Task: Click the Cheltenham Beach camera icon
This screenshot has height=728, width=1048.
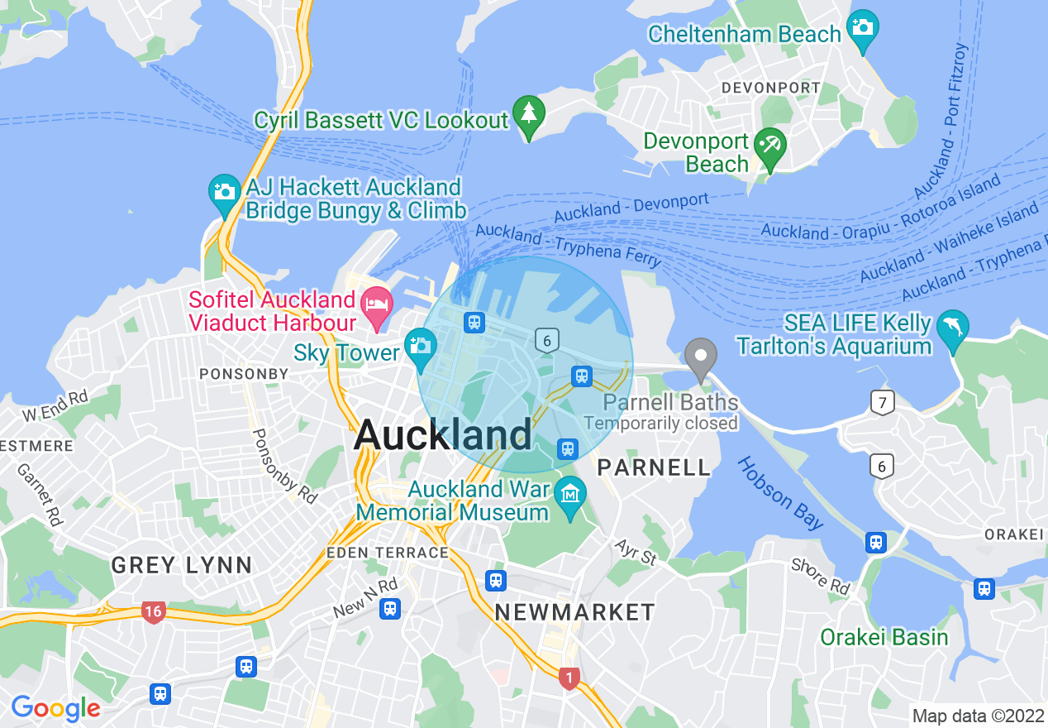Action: tap(862, 28)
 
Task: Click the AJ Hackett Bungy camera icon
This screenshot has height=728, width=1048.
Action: tap(225, 193)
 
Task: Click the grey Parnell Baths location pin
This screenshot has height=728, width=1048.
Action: tap(701, 358)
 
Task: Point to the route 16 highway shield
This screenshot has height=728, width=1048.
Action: tap(153, 612)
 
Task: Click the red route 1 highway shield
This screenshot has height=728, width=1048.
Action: tap(568, 678)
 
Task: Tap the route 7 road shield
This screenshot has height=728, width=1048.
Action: tap(883, 404)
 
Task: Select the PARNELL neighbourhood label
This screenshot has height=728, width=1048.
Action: tap(654, 467)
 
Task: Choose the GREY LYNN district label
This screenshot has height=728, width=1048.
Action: tap(182, 566)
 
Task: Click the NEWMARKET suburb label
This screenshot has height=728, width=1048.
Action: tap(574, 612)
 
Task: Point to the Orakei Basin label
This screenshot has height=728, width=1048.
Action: tap(884, 637)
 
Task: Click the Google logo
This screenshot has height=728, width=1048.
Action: tap(55, 708)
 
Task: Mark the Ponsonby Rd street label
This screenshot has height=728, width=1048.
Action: tap(284, 466)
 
